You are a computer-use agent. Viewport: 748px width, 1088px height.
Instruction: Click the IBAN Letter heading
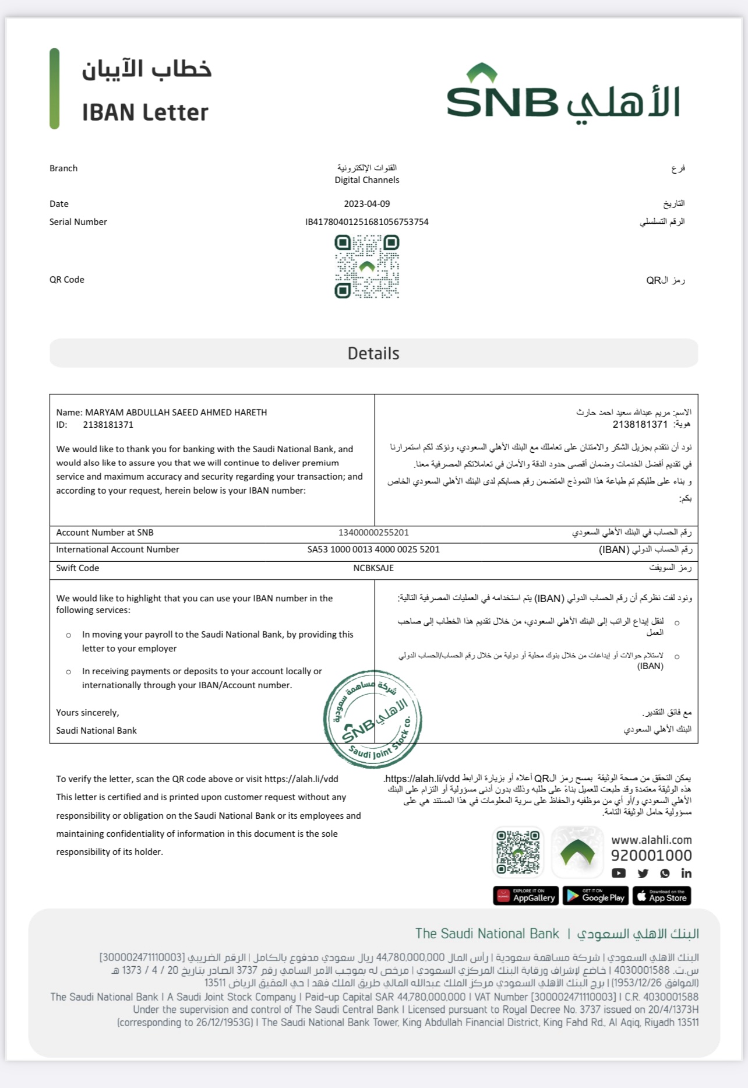pyautogui.click(x=145, y=112)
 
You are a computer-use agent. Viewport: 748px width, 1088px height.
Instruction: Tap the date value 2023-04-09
pyautogui.click(x=366, y=204)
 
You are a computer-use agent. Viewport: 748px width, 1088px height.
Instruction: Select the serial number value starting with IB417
pyautogui.click(x=366, y=222)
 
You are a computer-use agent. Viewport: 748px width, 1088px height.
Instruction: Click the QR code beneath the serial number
pyautogui.click(x=366, y=266)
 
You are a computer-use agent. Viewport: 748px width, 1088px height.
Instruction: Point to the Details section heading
pyautogui.click(x=373, y=353)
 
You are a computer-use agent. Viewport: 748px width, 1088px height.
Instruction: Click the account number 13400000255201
pyautogui.click(x=373, y=533)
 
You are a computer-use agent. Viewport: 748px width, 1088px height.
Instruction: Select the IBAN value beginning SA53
pyautogui.click(x=373, y=550)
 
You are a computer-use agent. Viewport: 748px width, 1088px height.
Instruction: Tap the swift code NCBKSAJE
pyautogui.click(x=373, y=568)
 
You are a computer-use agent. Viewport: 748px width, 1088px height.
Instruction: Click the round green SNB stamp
pyautogui.click(x=373, y=720)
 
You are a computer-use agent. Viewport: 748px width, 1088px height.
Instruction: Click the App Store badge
pyautogui.click(x=662, y=896)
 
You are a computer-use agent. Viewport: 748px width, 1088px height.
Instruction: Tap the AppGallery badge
pyautogui.click(x=526, y=896)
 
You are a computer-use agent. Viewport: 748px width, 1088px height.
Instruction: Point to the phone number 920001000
pyautogui.click(x=651, y=855)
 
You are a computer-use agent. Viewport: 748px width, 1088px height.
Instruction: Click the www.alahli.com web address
pyautogui.click(x=651, y=840)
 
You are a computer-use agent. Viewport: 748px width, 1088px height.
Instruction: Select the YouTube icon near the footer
pyautogui.click(x=619, y=873)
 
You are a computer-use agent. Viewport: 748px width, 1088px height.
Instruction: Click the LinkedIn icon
pyautogui.click(x=686, y=873)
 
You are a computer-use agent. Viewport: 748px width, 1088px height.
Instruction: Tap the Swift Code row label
pyautogui.click(x=77, y=568)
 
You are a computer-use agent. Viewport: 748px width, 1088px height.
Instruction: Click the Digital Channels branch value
pyautogui.click(x=366, y=180)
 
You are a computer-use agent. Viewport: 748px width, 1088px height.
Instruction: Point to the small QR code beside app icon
pyautogui.click(x=518, y=852)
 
